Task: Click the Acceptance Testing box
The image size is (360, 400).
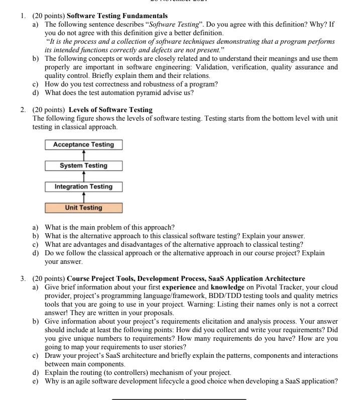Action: tap(84, 145)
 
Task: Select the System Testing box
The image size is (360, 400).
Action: tap(83, 165)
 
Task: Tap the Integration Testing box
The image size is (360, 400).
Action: tap(83, 186)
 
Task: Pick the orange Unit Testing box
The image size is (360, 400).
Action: tap(83, 208)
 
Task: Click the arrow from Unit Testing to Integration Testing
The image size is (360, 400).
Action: tap(83, 197)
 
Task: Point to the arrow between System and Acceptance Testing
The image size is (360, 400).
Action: tap(83, 155)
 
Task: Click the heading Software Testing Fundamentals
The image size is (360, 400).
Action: tap(117, 16)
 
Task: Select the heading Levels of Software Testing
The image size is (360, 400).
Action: tap(110, 110)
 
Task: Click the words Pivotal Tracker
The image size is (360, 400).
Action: tap(277, 287)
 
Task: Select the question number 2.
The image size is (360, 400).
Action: tap(23, 110)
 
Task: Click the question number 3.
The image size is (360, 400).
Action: tap(23, 278)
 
